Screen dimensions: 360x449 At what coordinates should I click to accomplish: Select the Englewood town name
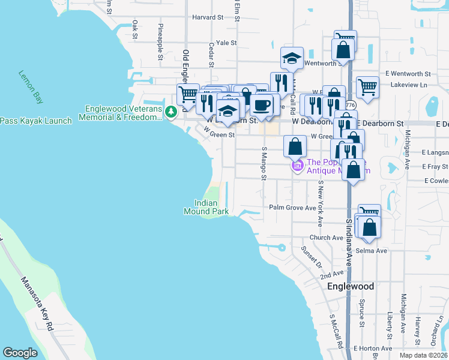coord(351,286)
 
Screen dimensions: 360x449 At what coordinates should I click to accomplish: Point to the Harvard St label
coord(208,17)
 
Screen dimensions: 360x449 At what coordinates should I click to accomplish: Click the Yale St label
coord(227,43)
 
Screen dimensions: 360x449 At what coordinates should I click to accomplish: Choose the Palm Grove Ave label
coord(292,208)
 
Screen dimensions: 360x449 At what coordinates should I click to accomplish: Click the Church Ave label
coord(326,238)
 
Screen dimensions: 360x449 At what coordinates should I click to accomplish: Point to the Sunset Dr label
coord(312,257)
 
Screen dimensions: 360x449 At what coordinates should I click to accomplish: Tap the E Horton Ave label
coord(372,348)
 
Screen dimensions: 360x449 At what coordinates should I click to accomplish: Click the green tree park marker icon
coord(171,111)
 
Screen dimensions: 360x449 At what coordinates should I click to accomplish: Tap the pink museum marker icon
coord(297,165)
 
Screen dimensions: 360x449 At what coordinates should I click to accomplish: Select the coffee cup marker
coord(261,106)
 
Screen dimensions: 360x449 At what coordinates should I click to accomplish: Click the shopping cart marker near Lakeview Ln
coord(367,86)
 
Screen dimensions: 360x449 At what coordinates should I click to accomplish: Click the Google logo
coord(20,353)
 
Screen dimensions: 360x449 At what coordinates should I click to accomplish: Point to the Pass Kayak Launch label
coord(36,121)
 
